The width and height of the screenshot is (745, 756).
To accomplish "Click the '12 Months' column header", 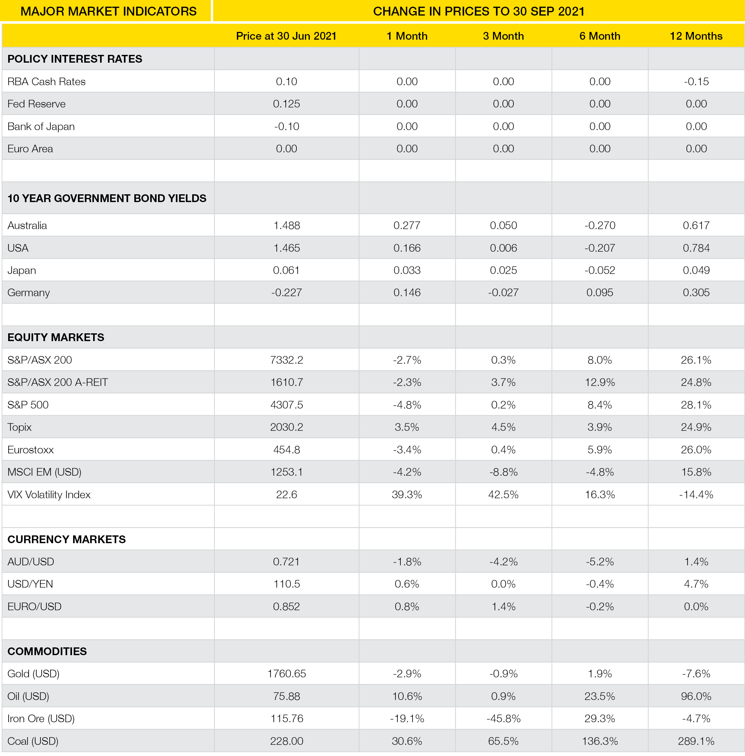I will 696,36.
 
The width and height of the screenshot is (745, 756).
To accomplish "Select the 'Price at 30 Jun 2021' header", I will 286,36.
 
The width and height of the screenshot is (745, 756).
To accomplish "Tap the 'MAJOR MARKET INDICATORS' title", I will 108,11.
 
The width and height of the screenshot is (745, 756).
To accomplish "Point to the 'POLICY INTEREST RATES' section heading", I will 75,59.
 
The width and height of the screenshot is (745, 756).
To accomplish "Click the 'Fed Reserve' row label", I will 36,104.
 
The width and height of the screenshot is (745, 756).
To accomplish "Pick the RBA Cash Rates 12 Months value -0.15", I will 696,81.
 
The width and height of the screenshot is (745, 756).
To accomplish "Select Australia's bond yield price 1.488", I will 286,225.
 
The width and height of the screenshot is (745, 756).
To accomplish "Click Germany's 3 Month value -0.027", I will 503,293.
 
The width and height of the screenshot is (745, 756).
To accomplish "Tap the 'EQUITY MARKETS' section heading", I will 56,337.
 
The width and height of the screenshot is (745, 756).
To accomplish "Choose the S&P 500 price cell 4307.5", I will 286,405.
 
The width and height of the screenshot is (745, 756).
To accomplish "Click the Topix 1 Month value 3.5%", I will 407,427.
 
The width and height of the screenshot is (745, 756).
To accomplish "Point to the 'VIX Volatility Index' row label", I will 49,494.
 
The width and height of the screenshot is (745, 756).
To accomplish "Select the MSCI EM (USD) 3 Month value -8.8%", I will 503,472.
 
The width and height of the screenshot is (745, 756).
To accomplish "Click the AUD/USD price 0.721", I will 286,562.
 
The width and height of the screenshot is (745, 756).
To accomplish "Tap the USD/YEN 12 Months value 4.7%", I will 696,584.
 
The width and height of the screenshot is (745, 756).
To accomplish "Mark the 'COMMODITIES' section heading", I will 47,651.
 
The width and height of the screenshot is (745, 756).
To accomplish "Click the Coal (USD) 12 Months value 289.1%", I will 696,741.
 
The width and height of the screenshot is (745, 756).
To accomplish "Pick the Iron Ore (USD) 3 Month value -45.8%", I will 503,719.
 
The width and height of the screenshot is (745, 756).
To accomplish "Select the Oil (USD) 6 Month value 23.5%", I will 600,696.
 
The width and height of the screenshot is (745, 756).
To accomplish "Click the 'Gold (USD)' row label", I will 33,673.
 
